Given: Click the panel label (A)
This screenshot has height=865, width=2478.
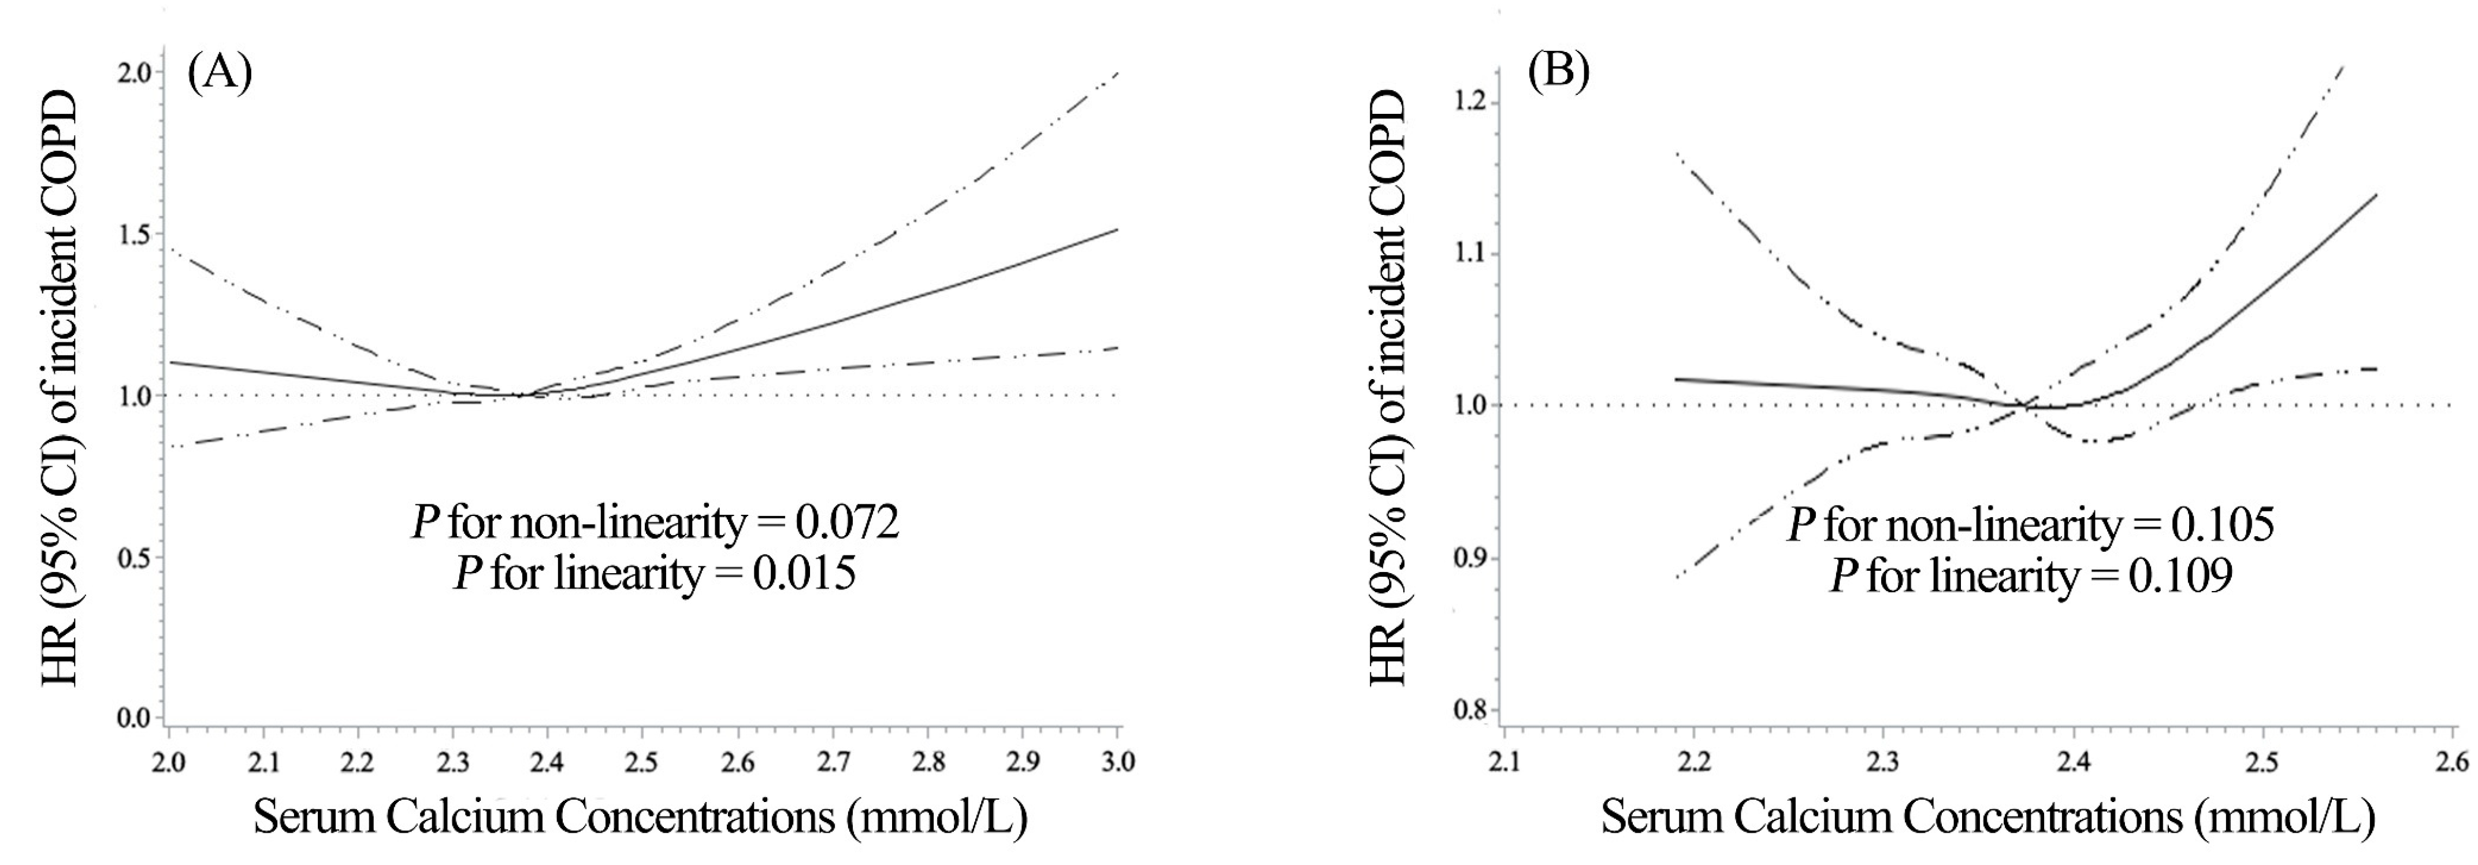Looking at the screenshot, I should pyautogui.click(x=220, y=73).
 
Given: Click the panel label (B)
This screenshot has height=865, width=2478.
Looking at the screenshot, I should pyautogui.click(x=1558, y=73).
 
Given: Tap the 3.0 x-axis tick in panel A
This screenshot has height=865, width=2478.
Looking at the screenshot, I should pyautogui.click(x=1117, y=762).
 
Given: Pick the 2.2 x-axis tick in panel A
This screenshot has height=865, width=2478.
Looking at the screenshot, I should pyautogui.click(x=357, y=762).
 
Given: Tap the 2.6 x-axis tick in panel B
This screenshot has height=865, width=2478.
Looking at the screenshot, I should pyautogui.click(x=2452, y=762).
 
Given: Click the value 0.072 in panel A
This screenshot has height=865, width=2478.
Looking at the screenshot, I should pyautogui.click(x=846, y=522).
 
